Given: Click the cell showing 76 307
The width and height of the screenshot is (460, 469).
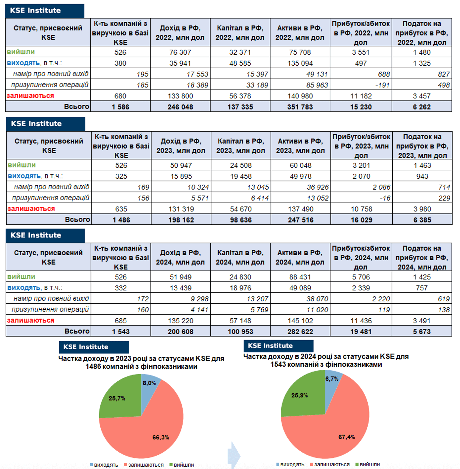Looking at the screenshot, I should pyautogui.click(x=180, y=52).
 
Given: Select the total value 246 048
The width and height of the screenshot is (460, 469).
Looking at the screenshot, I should pyautogui.click(x=180, y=107).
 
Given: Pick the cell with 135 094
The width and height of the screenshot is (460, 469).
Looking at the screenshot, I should pyautogui.click(x=300, y=63).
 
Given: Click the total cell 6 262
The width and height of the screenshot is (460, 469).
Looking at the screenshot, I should pyautogui.click(x=422, y=107).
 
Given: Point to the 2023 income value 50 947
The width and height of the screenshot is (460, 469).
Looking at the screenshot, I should pyautogui.click(x=181, y=165).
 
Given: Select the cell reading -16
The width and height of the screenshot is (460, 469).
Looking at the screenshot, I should pyautogui.click(x=385, y=198).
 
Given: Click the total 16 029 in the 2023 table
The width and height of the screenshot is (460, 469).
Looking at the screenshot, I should pyautogui.click(x=361, y=220).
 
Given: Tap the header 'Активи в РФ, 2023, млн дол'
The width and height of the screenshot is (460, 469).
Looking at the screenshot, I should pyautogui.click(x=300, y=146).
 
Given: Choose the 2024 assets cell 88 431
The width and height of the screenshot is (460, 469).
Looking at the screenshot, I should pyautogui.click(x=300, y=277).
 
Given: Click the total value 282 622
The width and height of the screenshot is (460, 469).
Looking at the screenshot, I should pyautogui.click(x=300, y=331).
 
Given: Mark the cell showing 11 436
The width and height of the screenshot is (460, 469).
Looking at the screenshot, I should pyautogui.click(x=361, y=321).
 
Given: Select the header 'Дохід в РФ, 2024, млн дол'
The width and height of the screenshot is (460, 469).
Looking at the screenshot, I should pyautogui.click(x=180, y=257).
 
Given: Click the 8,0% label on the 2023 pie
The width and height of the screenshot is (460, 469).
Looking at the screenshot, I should pyautogui.click(x=149, y=383).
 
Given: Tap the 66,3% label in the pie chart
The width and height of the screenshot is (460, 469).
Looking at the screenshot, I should pyautogui.click(x=161, y=437).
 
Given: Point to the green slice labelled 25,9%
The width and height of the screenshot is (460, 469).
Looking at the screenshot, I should pyautogui.click(x=299, y=395).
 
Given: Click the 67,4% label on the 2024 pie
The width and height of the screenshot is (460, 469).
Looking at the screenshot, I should pyautogui.click(x=346, y=437).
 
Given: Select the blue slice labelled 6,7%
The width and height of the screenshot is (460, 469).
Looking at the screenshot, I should pyautogui.click(x=332, y=379).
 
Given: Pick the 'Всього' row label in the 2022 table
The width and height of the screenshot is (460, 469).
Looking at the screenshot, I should pyautogui.click(x=77, y=107).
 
